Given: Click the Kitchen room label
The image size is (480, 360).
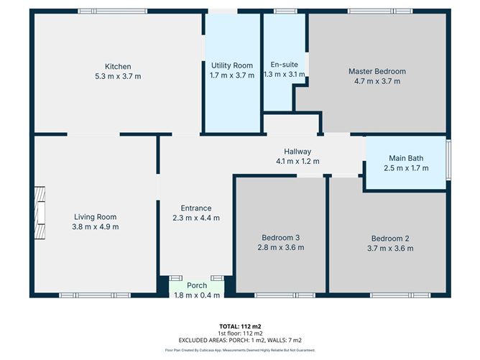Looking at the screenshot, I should click(117, 67).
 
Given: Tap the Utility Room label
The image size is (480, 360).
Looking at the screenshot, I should click(231, 65).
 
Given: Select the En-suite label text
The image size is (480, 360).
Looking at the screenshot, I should click(283, 64).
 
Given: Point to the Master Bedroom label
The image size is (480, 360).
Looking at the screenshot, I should click(377, 71).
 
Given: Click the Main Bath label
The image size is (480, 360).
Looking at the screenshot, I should click(406, 158).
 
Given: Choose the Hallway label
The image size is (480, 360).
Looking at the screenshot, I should click(297, 152).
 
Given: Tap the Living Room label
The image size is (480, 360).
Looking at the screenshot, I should click(96, 217).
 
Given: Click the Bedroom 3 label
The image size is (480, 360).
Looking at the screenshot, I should click(281, 238).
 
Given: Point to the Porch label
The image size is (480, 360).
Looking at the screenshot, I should click(197, 285).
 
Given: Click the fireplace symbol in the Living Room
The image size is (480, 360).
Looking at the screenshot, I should click(40, 208).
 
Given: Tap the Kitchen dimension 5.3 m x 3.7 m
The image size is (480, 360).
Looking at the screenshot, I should click(117, 76).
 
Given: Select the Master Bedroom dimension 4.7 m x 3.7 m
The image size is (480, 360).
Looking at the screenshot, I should click(377, 81).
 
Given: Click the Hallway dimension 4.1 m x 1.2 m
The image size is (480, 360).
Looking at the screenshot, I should click(297, 161).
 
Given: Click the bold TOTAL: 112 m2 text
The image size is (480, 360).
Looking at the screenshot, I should click(239, 326).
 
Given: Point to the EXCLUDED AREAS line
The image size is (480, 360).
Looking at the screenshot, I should click(239, 340).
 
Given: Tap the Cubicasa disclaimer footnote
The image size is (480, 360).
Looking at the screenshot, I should click(239, 350).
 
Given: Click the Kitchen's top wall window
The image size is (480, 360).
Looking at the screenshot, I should click(113, 11).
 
